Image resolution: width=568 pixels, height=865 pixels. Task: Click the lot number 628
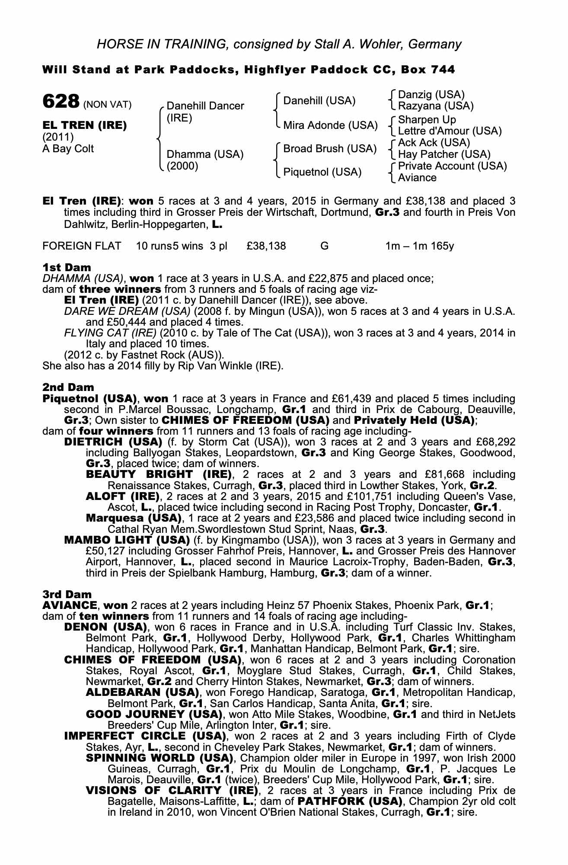[x=60, y=102]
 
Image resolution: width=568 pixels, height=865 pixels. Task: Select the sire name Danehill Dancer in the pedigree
[x=205, y=106]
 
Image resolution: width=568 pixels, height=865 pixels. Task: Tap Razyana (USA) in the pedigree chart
[x=436, y=106]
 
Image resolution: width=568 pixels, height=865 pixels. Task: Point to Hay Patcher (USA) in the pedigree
[x=444, y=154]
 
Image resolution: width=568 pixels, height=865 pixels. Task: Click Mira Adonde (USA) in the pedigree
[x=330, y=125]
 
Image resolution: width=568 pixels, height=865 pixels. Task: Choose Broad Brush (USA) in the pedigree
[x=330, y=149]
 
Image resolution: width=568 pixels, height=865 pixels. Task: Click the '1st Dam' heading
[x=67, y=268]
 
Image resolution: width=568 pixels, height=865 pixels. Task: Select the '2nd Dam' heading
[x=68, y=387]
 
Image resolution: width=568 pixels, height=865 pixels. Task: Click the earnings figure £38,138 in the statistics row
[x=266, y=246]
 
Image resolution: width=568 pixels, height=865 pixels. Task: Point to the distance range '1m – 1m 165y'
[x=419, y=246]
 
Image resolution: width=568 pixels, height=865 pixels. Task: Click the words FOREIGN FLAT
[x=82, y=246]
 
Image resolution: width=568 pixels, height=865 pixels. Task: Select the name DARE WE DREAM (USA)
[x=127, y=311]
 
